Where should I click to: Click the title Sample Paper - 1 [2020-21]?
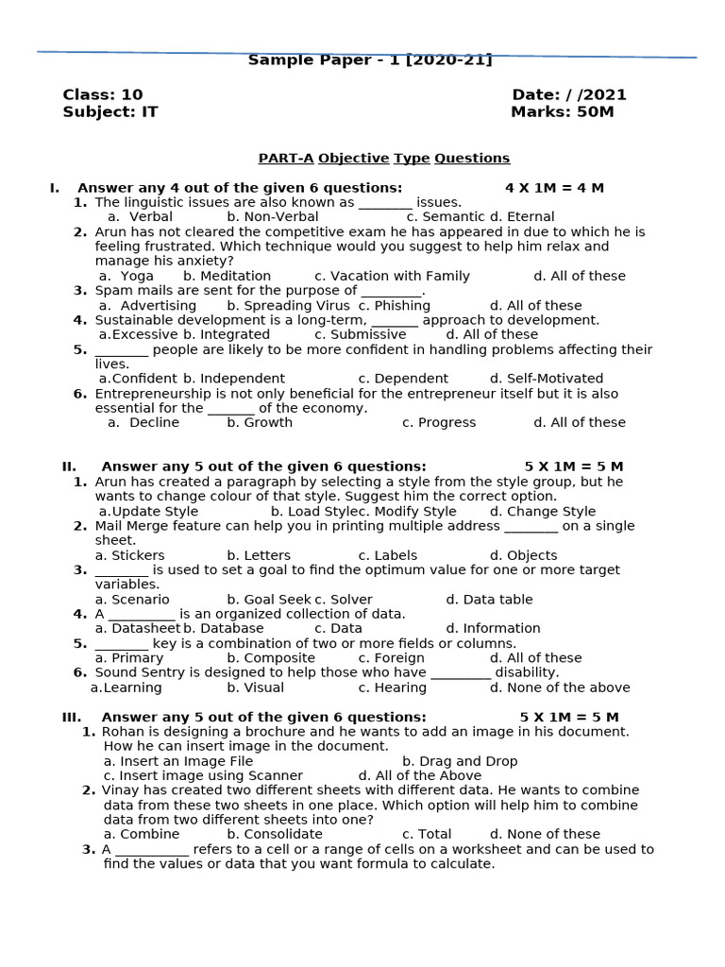tap(369, 60)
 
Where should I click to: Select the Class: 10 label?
tap(102, 94)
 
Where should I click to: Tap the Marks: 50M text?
tap(562, 111)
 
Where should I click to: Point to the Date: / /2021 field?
tap(568, 94)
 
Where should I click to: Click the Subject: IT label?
tap(110, 111)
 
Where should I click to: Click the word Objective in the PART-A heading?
tap(353, 158)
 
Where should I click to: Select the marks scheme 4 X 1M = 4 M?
tap(554, 188)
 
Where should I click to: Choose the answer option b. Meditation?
tap(227, 276)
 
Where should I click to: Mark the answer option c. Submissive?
tap(360, 334)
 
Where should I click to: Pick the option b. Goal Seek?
tap(268, 599)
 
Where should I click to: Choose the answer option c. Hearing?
tap(392, 687)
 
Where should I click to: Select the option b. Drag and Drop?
tap(459, 761)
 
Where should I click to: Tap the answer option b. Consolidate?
tap(274, 834)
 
